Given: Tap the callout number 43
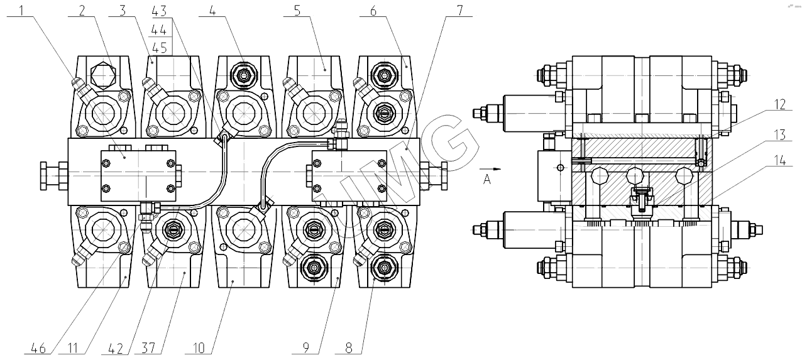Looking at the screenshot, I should tap(160, 10).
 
